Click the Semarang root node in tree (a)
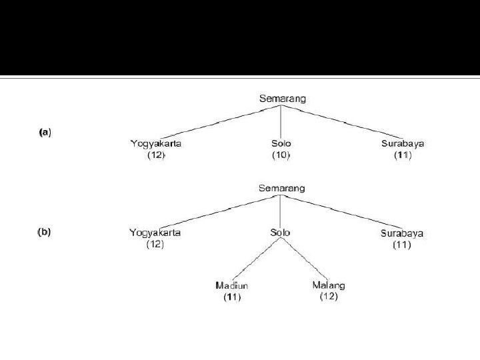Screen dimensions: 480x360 [x=282, y=99]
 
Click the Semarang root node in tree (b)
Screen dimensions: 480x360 [x=282, y=188]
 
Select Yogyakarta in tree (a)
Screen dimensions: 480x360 [x=156, y=143]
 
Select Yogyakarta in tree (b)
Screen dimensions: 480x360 [x=155, y=233]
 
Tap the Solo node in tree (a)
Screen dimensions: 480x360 [x=281, y=143]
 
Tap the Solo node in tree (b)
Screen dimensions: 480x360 [x=280, y=233]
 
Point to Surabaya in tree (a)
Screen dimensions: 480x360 [x=403, y=143]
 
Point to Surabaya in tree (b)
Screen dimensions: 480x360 [x=402, y=233]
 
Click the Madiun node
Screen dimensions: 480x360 [x=232, y=285]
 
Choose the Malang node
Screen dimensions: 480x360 [x=329, y=285]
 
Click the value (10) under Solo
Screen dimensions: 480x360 [x=281, y=155]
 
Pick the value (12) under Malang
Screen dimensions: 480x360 [x=329, y=297]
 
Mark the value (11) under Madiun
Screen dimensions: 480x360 [x=232, y=297]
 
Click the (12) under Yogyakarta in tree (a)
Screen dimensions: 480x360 [x=156, y=155]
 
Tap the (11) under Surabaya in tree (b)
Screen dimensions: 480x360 [x=402, y=245]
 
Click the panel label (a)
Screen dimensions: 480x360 [x=44, y=132]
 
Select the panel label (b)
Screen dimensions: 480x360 [x=44, y=233]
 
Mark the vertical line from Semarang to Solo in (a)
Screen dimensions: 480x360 [x=281, y=121]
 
